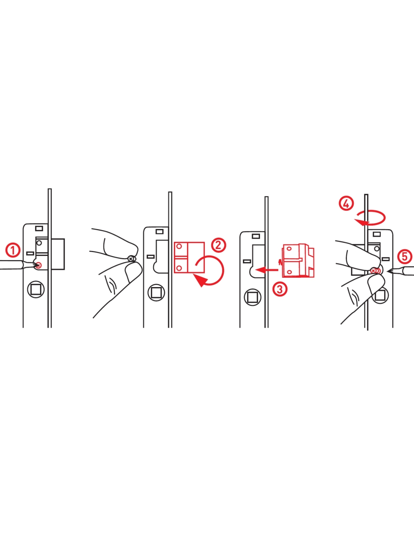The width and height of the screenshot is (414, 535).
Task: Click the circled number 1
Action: coord(12,251)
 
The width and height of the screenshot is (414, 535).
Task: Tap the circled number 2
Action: coord(218,245)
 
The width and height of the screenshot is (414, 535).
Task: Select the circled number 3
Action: coord(280,289)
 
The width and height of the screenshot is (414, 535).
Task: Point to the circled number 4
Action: coord(346,204)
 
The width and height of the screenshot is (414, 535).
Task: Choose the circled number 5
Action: coord(405,257)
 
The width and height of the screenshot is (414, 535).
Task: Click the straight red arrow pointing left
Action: coord(267,270)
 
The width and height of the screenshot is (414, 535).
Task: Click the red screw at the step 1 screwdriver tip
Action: coord(39,265)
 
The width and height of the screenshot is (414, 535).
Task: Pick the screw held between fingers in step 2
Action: coord(131,258)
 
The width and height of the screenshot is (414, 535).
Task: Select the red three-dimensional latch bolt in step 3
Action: coord(298,260)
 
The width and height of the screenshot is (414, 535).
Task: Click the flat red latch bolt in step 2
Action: coord(189,257)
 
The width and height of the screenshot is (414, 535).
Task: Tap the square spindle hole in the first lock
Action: coord(36,289)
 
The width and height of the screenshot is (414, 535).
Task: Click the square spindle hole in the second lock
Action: coord(156,292)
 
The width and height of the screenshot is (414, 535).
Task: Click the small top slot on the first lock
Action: coord(39,228)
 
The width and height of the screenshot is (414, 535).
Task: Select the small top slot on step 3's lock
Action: coord(256,236)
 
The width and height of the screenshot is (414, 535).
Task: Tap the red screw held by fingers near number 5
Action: coord(375,271)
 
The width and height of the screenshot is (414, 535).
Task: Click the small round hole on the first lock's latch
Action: coord(39,243)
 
